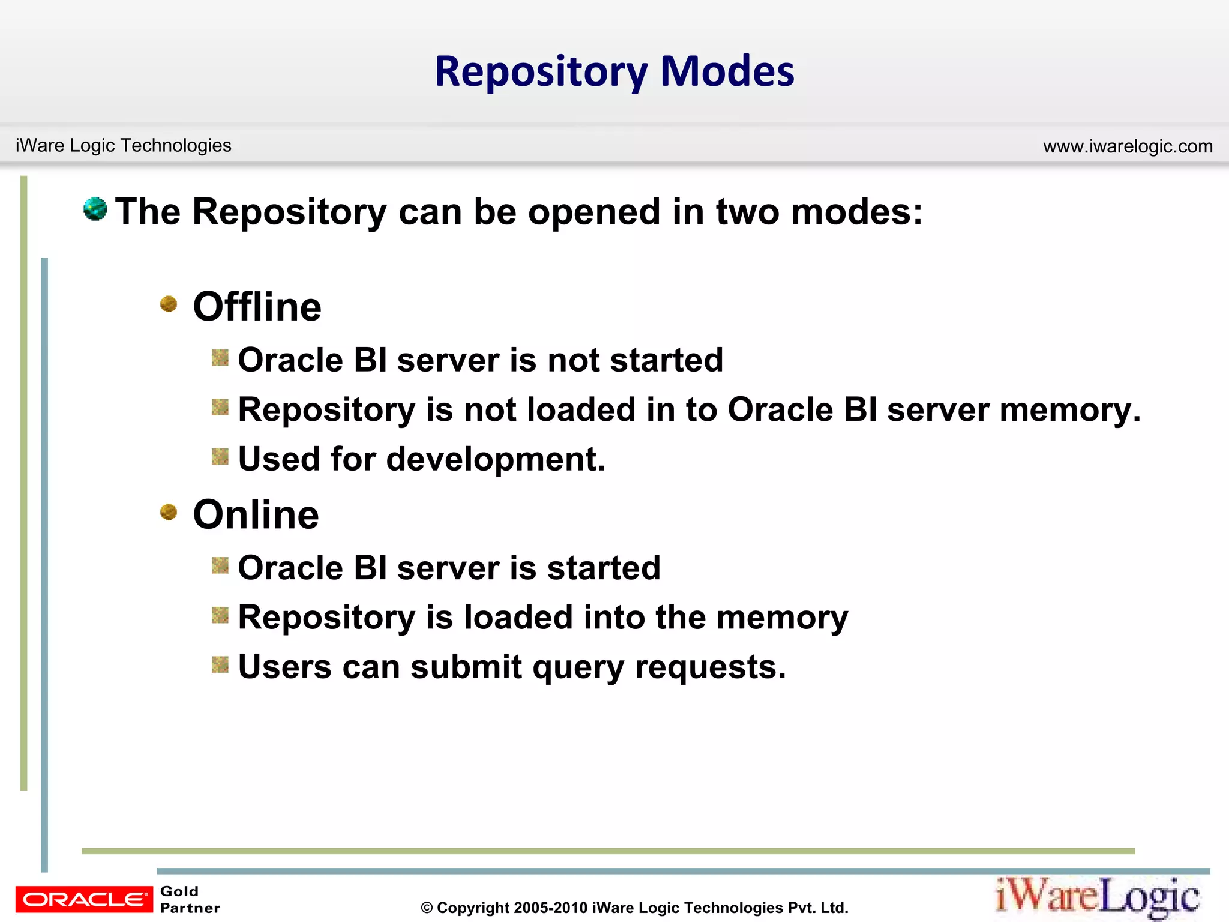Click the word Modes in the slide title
tap(727, 71)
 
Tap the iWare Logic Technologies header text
tap(123, 145)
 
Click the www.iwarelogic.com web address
tap(1128, 146)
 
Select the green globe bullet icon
tap(95, 209)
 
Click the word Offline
tap(257, 307)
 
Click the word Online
tap(256, 515)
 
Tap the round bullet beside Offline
tap(169, 304)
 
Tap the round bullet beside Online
tap(169, 512)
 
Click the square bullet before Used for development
tap(220, 457)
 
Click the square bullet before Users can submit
tap(220, 664)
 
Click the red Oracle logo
tap(84, 899)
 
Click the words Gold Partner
tap(189, 899)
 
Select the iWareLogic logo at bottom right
tap(1097, 897)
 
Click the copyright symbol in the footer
tap(427, 908)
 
